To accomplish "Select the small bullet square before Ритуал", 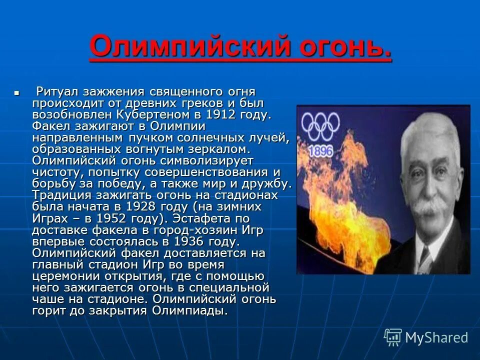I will coord(17,93).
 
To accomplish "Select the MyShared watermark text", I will coord(436,337).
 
